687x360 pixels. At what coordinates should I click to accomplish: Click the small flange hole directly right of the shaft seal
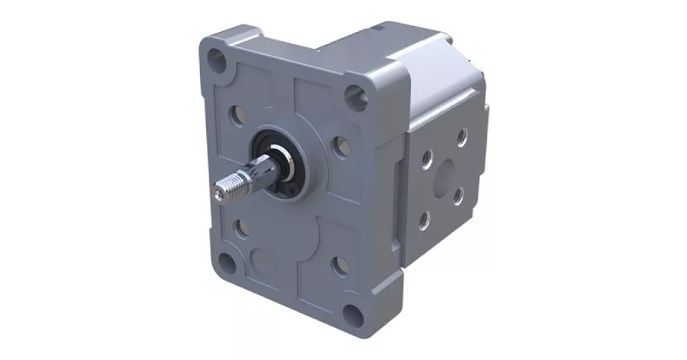point(341,147)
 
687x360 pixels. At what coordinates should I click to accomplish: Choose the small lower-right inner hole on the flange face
point(341,265)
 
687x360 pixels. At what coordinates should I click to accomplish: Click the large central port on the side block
point(445,175)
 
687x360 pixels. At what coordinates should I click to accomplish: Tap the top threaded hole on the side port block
point(462,136)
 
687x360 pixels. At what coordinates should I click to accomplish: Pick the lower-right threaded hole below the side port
point(459,194)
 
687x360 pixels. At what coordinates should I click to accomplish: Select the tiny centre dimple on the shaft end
point(217,192)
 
